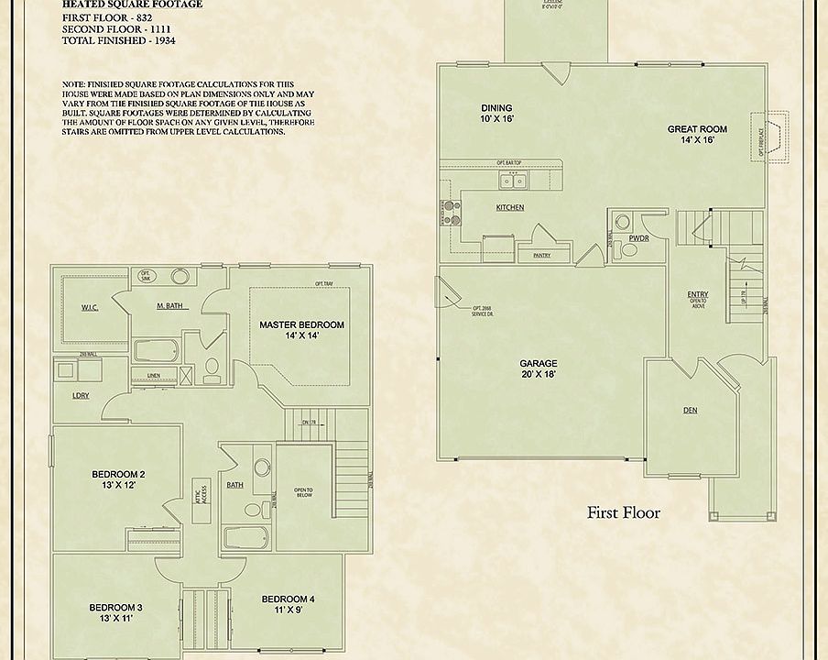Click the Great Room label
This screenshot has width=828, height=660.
pos(697,135)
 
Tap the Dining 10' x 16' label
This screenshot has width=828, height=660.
pos(496,113)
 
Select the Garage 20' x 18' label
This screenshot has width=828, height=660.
pos(539,369)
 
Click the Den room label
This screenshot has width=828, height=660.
pos(691,411)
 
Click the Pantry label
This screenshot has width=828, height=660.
pos(541,257)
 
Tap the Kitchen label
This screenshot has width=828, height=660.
pos(510,208)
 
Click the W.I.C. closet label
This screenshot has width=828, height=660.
pos(90,307)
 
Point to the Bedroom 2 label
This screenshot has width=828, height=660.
pos(119,479)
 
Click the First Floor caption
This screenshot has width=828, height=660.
pos(623,512)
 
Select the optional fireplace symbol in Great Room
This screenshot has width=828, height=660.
pos(772,137)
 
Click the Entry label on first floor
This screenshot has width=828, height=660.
pos(698,297)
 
